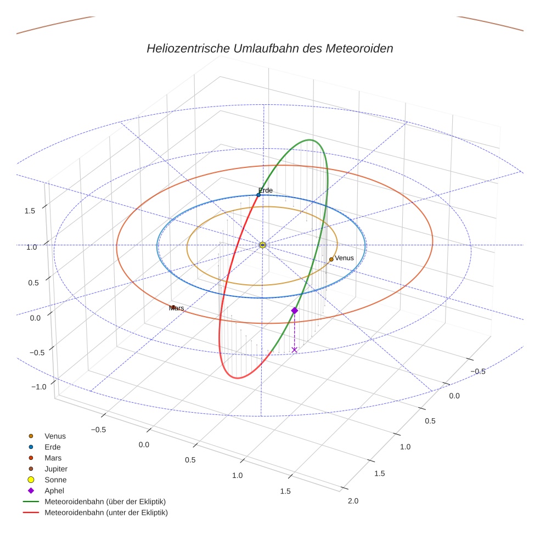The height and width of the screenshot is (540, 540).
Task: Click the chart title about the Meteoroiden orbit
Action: (269, 48)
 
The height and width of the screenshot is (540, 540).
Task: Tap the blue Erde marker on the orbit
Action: (258, 195)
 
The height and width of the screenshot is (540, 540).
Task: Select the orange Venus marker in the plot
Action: (331, 259)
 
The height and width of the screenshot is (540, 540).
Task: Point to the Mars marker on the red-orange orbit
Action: (173, 307)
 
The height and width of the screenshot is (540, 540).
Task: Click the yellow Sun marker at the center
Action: (262, 245)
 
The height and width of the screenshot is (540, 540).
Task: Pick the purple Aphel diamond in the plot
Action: (295, 311)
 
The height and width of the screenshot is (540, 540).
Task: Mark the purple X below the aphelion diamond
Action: (295, 350)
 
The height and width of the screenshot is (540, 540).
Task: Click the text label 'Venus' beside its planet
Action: (345, 258)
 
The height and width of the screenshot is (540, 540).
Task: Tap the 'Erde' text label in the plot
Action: (266, 190)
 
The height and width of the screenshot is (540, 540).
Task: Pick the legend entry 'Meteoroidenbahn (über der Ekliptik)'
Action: (105, 502)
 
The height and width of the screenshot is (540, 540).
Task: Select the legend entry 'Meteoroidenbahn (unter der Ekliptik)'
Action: (106, 513)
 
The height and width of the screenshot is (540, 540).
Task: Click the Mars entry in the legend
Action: (53, 458)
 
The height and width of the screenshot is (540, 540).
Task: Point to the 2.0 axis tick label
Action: (353, 500)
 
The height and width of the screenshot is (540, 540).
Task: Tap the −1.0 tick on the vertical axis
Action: (38, 387)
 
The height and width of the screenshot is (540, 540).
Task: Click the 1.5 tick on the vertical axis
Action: (31, 211)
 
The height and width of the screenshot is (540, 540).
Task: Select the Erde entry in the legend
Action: (53, 447)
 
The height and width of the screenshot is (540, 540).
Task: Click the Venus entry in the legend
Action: (55, 436)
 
